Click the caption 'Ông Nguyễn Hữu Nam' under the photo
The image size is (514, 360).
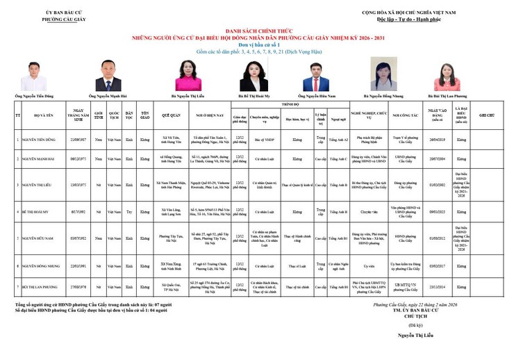[x=316, y=95]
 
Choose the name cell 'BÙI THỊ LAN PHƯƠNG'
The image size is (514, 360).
[x=42, y=286]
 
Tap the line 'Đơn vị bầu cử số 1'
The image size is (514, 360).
[x=257, y=43]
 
